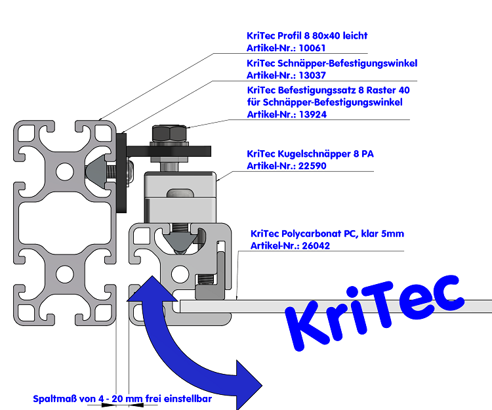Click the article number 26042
[x=316, y=246]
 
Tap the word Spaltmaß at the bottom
[x=53, y=398]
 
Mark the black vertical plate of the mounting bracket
[x=122, y=174]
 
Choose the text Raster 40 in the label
[x=388, y=90]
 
